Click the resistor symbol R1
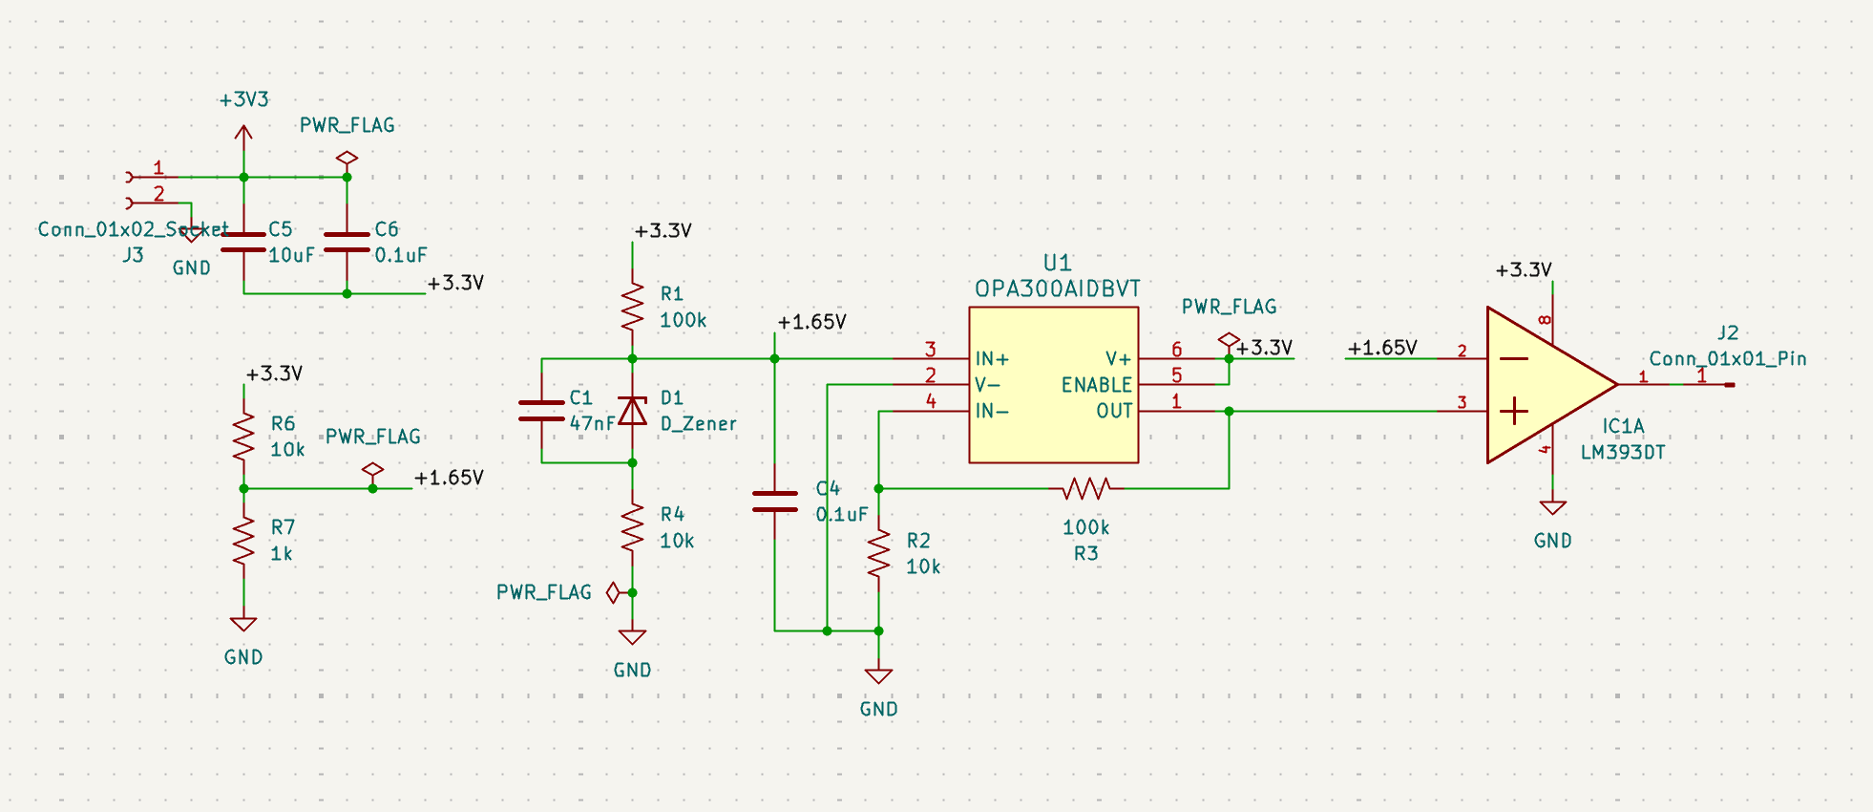coord(632,307)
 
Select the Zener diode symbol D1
coord(632,411)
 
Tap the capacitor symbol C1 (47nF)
coord(541,411)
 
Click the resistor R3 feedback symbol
coord(1086,489)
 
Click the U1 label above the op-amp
coord(1057,263)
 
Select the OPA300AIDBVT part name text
coord(1057,288)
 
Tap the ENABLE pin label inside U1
coord(1096,385)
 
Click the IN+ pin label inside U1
coord(992,359)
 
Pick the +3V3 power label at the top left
coord(244,99)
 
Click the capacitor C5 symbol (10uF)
coord(243,242)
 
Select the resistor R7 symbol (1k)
coord(243,541)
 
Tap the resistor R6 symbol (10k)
coord(243,437)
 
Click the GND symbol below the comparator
coord(1552,507)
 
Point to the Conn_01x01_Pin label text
coord(1728,359)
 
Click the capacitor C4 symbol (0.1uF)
coord(774,502)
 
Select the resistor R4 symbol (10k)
coord(632,527)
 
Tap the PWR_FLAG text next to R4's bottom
coord(543,592)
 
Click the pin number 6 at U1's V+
coord(1176,350)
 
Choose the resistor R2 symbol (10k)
coord(878,553)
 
